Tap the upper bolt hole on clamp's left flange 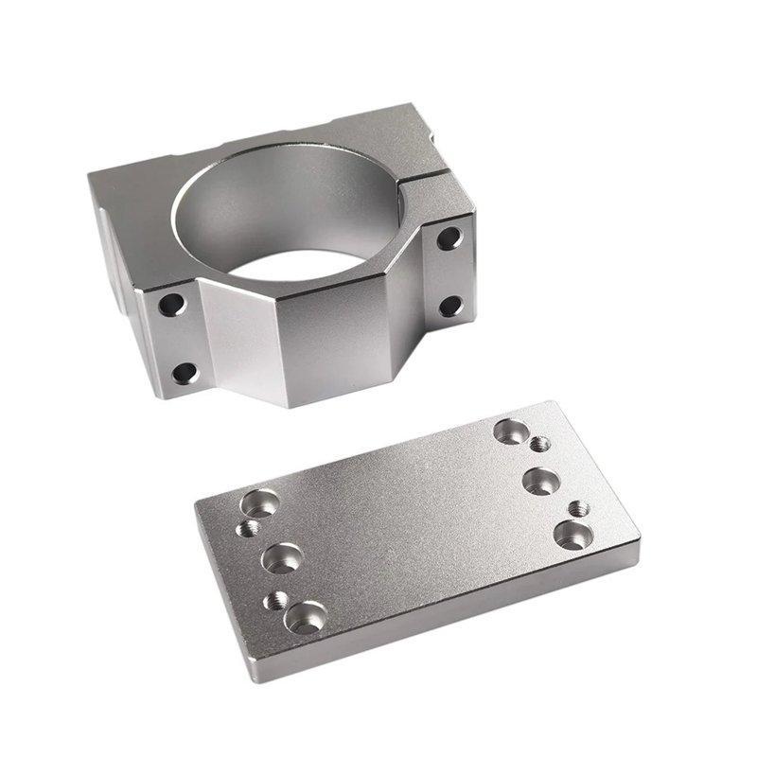(171, 305)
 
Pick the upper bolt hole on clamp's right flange (449, 238)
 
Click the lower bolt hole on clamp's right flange (451, 307)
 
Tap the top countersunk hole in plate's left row (257, 502)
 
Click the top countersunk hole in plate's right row (511, 431)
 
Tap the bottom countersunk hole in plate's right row (570, 535)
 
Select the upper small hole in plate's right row (539, 444)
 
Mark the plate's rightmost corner (640, 541)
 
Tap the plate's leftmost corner (196, 504)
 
